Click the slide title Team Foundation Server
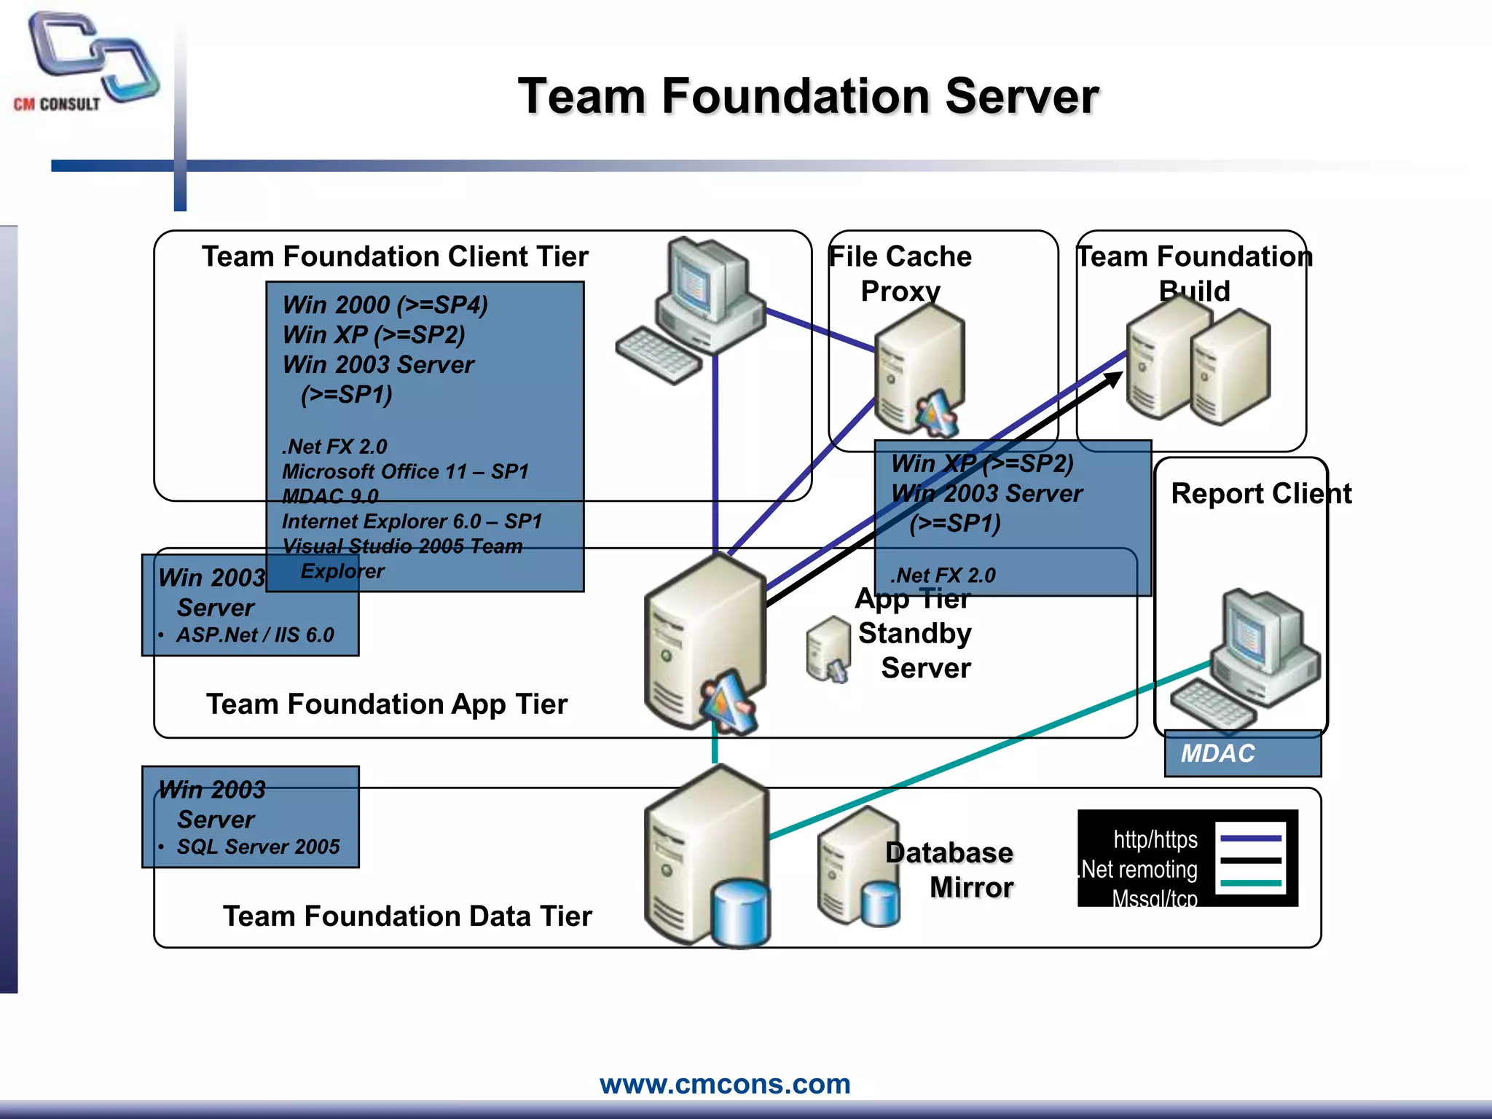(807, 96)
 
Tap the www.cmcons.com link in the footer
(725, 1083)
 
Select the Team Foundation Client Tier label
(395, 256)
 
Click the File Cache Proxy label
(900, 273)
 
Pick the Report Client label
(1260, 493)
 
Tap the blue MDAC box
(1242, 753)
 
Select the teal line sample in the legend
(1250, 883)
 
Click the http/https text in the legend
(1155, 839)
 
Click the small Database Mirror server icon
(858, 867)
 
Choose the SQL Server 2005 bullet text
(258, 847)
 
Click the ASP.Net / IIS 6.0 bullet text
(255, 635)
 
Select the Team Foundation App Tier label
(386, 704)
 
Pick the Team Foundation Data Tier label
(407, 916)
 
